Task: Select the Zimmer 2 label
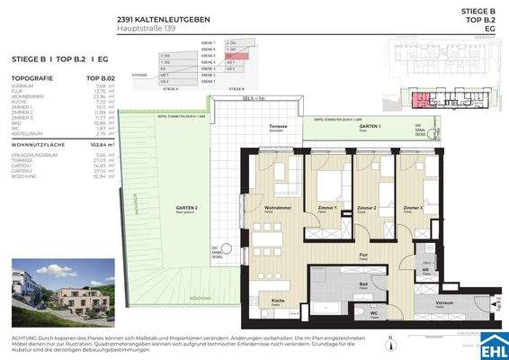[x=368, y=208]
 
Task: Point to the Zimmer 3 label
[x=414, y=208]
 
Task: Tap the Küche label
[x=279, y=300]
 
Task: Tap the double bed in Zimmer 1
[x=325, y=185]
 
